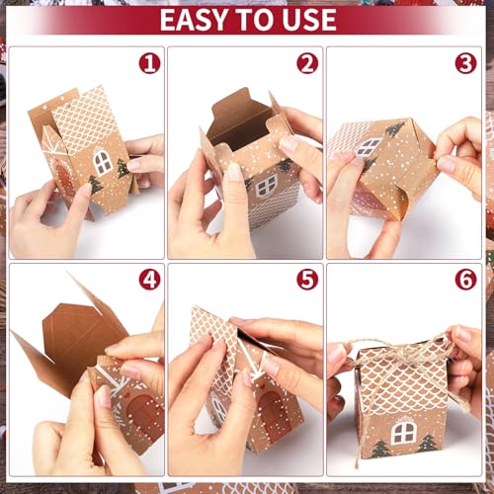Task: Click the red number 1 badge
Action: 149,64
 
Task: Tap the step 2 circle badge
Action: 307,64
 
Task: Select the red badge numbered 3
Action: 465,64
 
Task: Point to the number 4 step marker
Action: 149,280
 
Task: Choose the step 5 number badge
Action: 307,280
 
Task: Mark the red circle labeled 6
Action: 465,280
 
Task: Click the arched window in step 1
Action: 102,161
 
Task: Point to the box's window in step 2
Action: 266,185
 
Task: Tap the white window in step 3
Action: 369,147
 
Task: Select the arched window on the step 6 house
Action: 402,431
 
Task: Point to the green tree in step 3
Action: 394,128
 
